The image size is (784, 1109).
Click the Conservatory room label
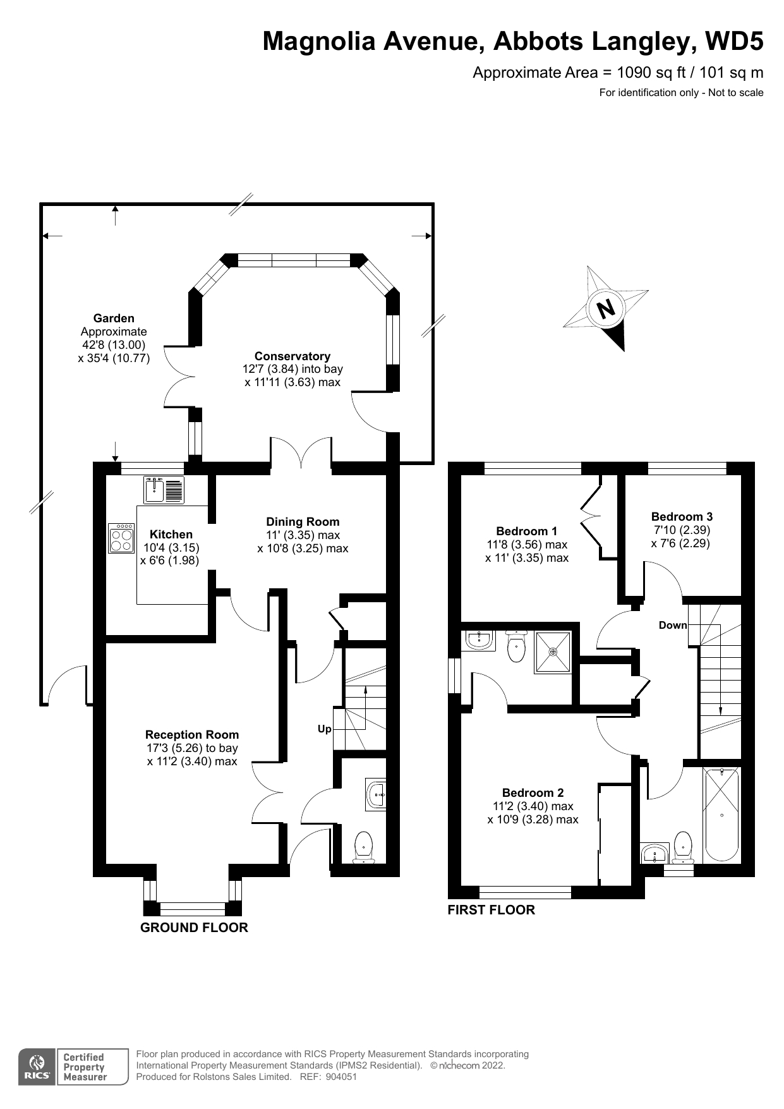[292, 356]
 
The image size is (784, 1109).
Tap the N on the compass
[606, 308]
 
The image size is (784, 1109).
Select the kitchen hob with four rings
[121, 538]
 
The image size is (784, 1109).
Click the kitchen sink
[164, 490]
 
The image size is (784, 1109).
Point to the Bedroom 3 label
[682, 517]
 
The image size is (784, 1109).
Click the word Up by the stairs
[325, 729]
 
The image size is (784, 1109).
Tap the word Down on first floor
[673, 625]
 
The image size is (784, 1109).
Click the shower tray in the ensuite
[553, 651]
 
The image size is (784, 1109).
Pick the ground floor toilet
[364, 847]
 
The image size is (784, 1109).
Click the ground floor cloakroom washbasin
[376, 794]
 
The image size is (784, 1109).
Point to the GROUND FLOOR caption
[194, 928]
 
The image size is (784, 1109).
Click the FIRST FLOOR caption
[492, 910]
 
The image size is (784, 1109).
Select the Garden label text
[114, 318]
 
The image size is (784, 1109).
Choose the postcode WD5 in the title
[733, 42]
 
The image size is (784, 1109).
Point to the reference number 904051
[342, 1077]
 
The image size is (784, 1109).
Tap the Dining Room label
[303, 522]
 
